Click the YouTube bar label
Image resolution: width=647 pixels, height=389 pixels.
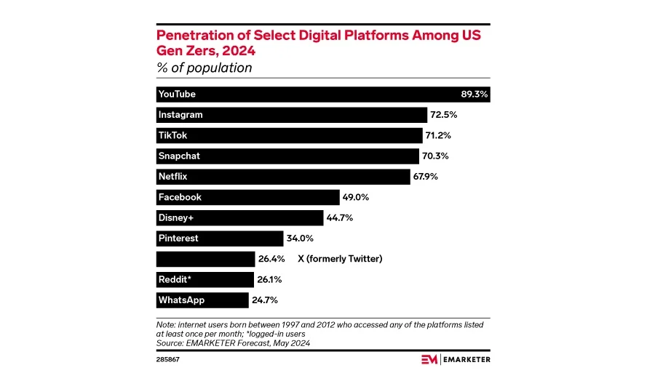[x=177, y=95]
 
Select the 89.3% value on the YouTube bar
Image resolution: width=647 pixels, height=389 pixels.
[x=475, y=95]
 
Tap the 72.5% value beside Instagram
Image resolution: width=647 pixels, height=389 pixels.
[x=443, y=115]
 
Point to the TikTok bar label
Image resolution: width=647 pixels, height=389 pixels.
[x=173, y=135]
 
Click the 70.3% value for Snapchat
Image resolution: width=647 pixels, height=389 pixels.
[x=435, y=156]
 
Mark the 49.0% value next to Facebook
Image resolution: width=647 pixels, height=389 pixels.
[x=356, y=197]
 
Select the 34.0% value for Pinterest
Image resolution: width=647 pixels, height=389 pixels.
[x=299, y=238]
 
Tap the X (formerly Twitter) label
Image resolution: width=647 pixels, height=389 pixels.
[x=340, y=259]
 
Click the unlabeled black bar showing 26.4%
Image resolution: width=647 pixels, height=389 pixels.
[x=205, y=259]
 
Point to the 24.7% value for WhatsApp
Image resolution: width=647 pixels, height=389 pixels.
[x=264, y=300]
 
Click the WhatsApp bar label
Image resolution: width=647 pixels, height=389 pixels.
[x=181, y=300]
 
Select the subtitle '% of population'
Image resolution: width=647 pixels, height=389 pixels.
[x=205, y=68]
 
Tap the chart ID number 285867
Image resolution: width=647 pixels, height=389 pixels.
[x=170, y=359]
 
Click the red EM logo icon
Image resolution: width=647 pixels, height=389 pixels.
[x=430, y=359]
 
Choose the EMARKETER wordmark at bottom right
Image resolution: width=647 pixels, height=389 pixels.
[x=467, y=359]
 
